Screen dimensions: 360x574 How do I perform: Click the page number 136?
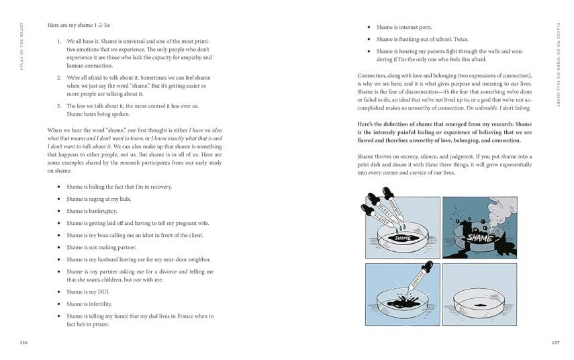tap(23, 342)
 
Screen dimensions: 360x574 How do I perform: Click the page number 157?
tap(555, 342)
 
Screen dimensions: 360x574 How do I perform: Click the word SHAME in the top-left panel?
tap(403, 238)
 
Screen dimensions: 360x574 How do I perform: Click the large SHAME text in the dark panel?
tap(479, 237)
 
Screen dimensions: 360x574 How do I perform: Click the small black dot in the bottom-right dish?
tap(479, 305)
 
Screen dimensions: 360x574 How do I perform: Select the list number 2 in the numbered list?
tap(59, 78)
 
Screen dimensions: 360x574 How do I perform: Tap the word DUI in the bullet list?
tap(103, 291)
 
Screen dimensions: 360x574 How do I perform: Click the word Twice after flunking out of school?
tap(460, 39)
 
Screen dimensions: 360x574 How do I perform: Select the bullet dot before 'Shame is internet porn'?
tap(369, 28)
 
